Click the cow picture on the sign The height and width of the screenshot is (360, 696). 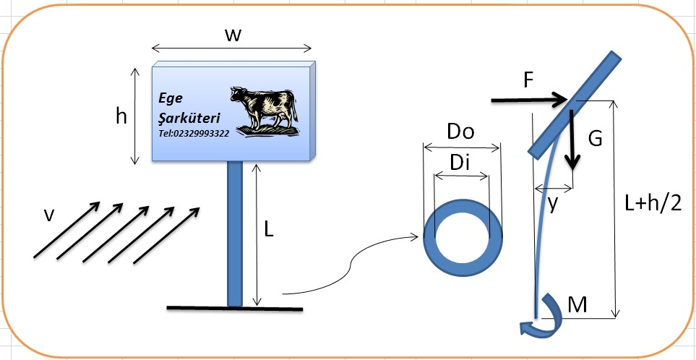[265, 111]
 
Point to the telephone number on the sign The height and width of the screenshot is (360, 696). [194, 134]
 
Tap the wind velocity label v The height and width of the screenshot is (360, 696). [48, 215]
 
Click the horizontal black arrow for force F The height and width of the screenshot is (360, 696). [528, 100]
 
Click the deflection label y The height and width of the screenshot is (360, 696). [553, 205]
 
